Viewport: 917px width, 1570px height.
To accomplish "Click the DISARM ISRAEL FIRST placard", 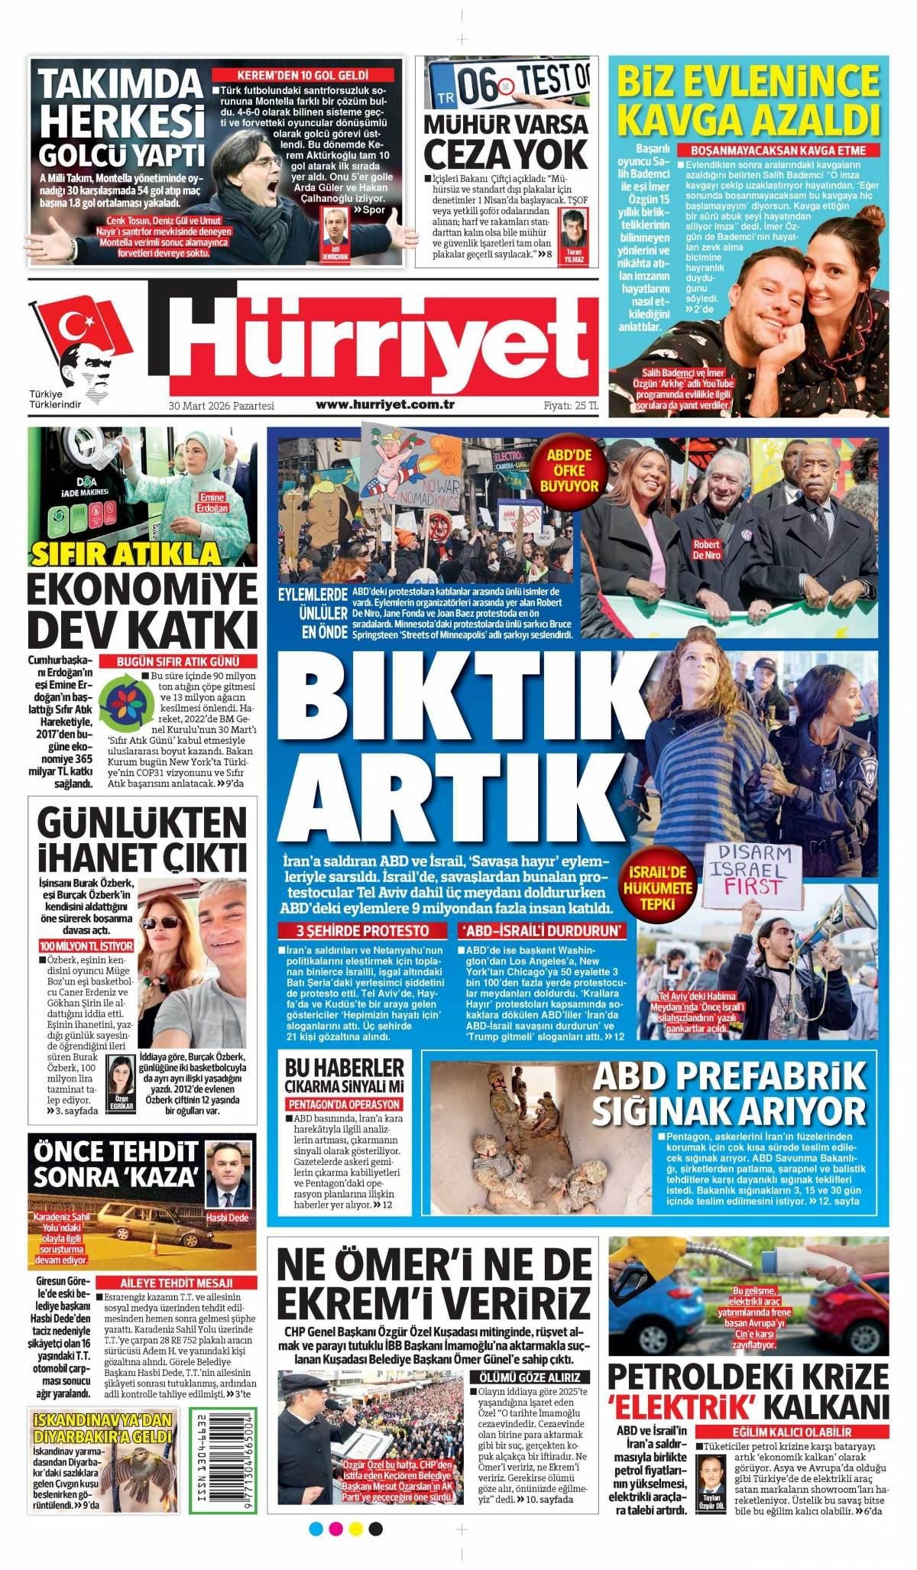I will pos(746,869).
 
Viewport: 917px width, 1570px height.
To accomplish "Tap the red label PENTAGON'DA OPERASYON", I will pos(344,1105).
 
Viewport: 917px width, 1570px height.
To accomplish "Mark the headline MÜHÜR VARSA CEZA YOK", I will pos(506,141).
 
